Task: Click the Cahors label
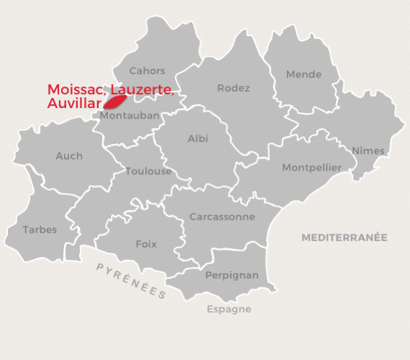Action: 147,71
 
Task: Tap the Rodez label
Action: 233,89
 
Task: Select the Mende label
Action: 304,75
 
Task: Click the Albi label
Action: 198,138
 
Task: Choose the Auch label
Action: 69,156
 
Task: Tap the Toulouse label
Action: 148,171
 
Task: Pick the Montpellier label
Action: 311,168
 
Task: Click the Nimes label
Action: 368,150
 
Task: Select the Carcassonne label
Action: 222,217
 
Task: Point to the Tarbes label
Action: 40,230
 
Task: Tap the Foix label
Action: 146,244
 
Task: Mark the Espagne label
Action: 229,309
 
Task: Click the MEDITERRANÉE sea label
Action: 344,237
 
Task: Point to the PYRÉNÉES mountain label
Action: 131,280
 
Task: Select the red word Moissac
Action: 77,90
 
